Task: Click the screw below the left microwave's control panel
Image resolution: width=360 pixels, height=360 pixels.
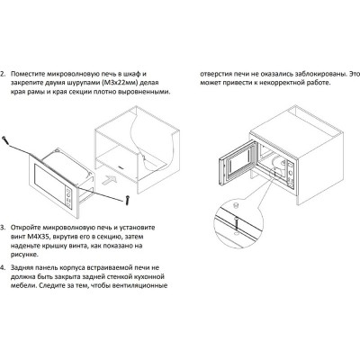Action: click(129, 200)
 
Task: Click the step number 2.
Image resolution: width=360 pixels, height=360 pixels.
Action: click(3, 74)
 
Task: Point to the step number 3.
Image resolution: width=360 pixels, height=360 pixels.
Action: click(3, 228)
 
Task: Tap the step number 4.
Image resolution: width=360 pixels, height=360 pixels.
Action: click(3, 267)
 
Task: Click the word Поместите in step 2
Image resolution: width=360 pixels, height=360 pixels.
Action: click(28, 74)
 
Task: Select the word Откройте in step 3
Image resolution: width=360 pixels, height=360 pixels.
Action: click(25, 228)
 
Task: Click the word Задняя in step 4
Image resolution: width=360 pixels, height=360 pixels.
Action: click(22, 267)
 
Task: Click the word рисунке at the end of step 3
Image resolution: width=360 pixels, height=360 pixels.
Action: click(23, 255)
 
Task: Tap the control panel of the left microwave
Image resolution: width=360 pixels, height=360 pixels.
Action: click(69, 198)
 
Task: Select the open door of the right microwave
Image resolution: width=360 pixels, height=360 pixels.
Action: click(238, 166)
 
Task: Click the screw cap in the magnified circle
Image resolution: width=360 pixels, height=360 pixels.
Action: click(235, 205)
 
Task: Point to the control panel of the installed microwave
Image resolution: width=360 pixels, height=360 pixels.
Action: click(290, 175)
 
